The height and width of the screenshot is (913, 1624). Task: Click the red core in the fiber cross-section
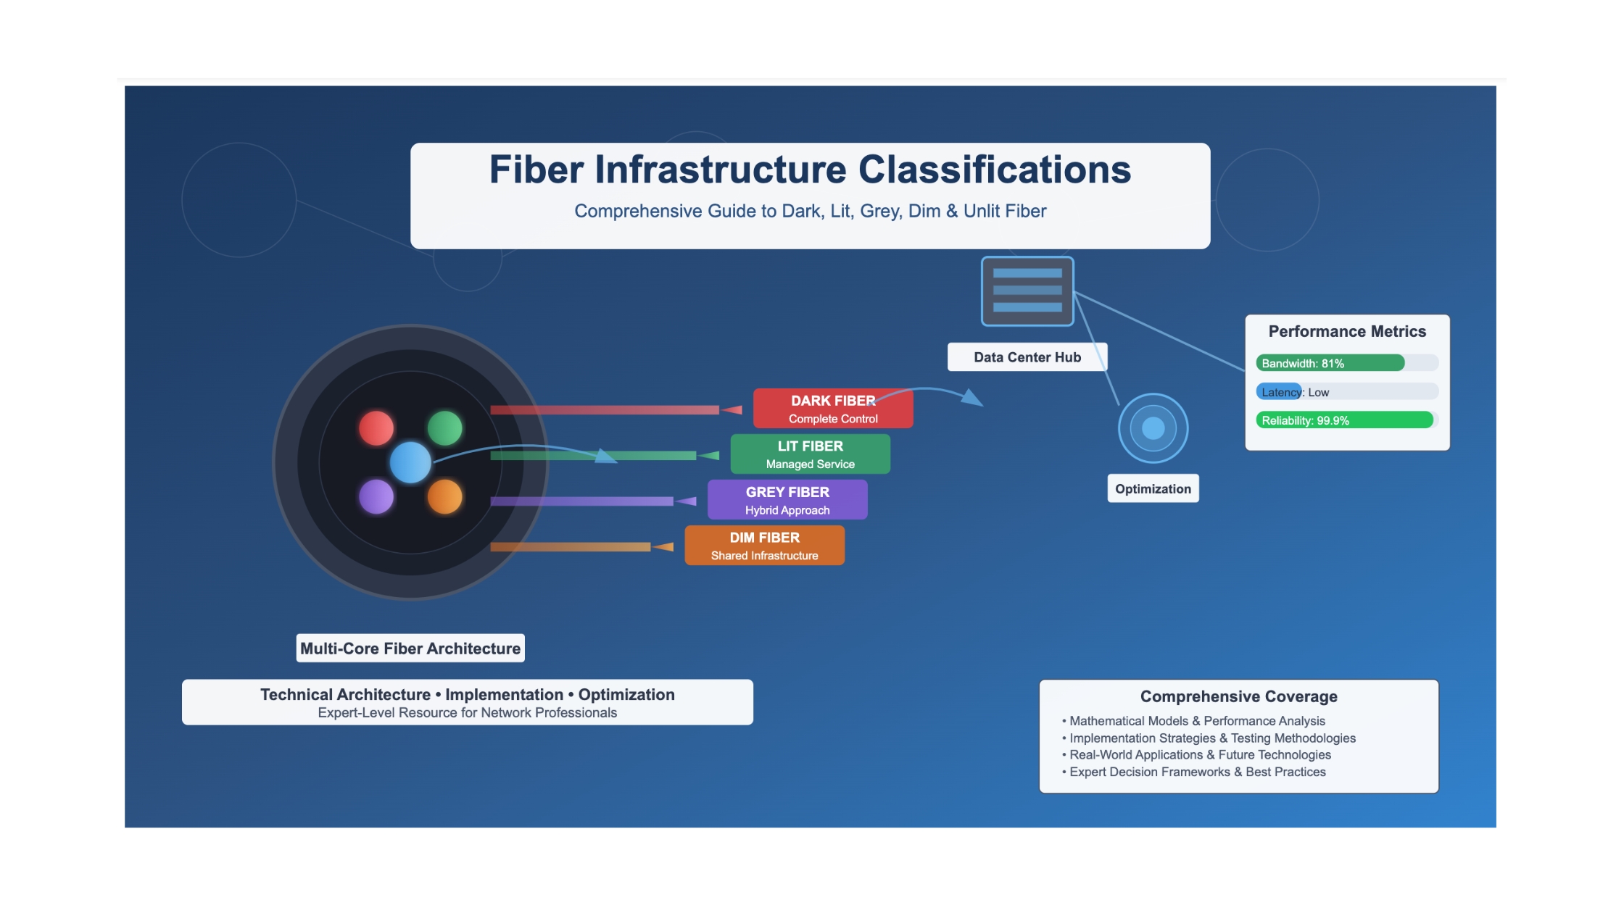(376, 428)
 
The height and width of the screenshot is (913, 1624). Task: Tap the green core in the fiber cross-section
(444, 428)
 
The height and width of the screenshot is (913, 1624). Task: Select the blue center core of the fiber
(410, 462)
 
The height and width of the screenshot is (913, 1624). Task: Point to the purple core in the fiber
(376, 497)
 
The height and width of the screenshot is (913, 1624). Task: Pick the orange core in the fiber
(444, 497)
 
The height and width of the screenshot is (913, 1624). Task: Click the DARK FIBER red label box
(833, 409)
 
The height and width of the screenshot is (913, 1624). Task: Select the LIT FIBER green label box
(811, 454)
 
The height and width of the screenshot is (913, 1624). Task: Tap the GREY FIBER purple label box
(787, 500)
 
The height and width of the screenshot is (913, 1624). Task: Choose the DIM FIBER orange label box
(765, 546)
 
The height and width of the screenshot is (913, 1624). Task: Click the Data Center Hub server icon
(1027, 291)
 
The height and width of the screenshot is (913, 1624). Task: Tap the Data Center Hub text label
(1027, 357)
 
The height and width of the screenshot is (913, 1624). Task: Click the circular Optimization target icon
(1153, 428)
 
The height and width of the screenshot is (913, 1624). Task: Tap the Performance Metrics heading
(1347, 332)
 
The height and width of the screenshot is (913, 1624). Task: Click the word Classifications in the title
(995, 170)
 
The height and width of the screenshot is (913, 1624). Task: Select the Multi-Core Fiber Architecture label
(410, 649)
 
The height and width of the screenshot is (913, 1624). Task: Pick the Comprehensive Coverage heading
(1239, 696)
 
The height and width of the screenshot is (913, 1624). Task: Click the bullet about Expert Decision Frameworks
(1194, 772)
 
